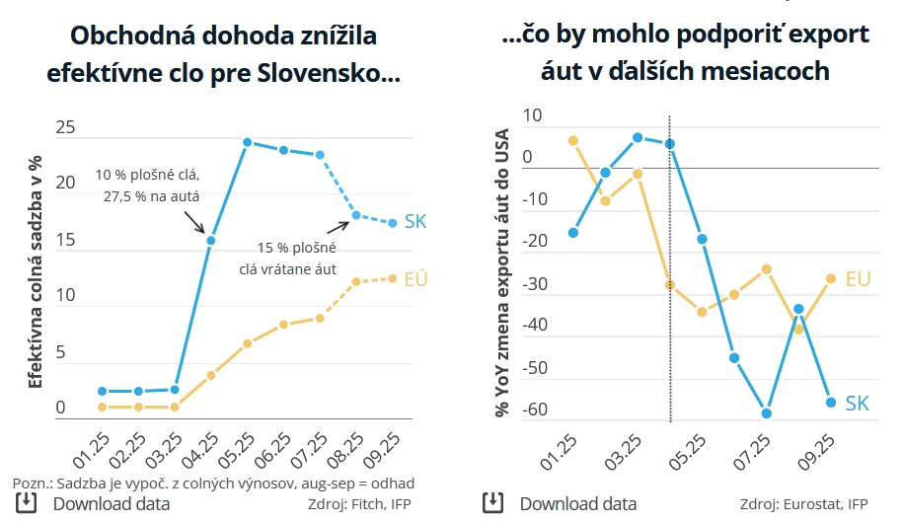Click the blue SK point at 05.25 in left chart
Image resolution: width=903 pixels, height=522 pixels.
pos(248,142)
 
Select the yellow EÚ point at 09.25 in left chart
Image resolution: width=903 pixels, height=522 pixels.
pos(392,278)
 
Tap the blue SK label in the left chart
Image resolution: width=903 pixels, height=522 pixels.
pos(415,222)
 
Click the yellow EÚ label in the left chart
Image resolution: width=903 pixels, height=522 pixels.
pos(415,279)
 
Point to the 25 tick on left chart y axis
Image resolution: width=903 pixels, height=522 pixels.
pos(66,127)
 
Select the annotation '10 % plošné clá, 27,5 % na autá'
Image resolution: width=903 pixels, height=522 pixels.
pos(148,186)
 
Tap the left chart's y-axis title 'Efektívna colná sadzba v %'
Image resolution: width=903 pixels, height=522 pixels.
pos(35,271)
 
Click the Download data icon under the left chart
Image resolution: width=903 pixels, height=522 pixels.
pos(27,503)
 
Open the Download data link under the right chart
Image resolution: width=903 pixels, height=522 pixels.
pos(577,503)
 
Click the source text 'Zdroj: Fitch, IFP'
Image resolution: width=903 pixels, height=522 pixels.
pos(361,504)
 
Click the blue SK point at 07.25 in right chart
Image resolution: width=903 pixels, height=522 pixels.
pos(766,413)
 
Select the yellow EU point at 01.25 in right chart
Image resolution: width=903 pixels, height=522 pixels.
pos(573,140)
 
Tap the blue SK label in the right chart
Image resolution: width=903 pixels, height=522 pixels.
pos(857,403)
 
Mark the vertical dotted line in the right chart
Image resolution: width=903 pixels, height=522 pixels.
pos(670,266)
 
